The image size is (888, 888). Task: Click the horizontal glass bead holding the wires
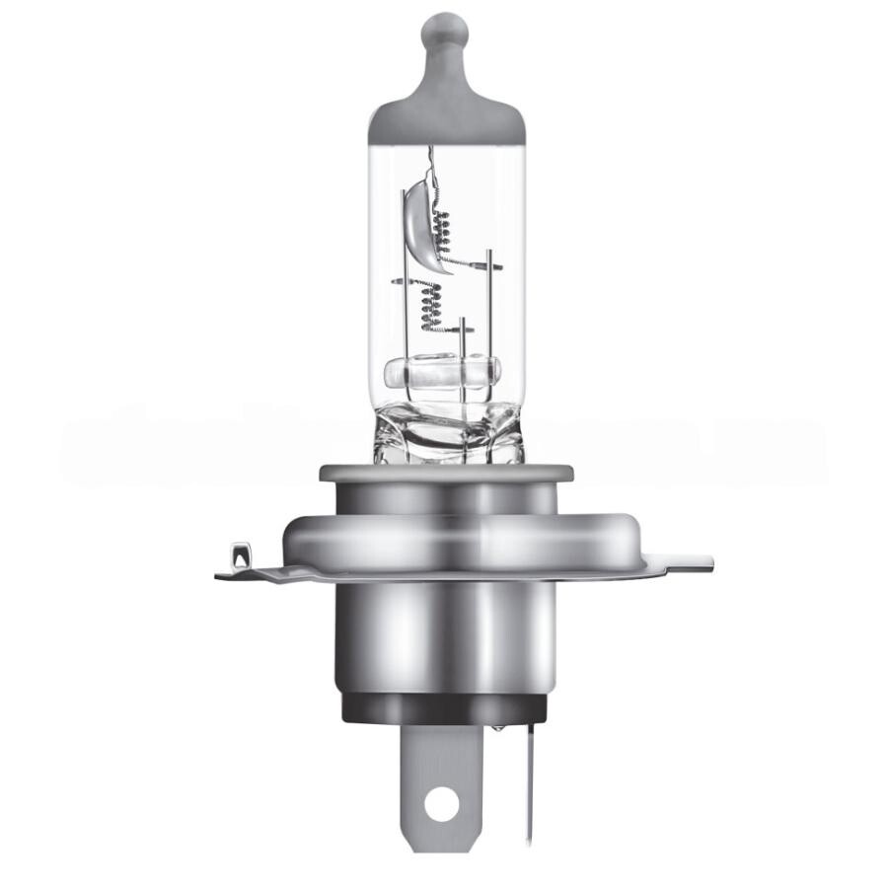442,374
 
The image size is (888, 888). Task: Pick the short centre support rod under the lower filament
462,340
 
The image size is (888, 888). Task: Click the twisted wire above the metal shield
429,158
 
